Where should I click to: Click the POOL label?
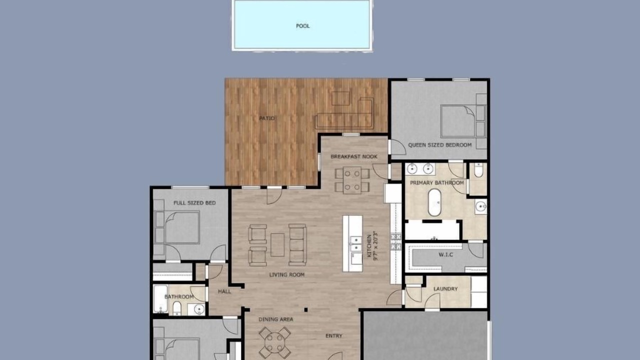(x=302, y=26)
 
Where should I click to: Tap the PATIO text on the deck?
(x=267, y=118)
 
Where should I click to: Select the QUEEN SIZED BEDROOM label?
(x=439, y=145)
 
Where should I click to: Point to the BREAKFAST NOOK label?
(x=353, y=156)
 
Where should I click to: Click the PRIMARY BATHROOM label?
(x=437, y=183)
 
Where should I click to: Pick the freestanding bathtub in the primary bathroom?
(x=434, y=202)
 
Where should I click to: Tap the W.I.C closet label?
(x=445, y=254)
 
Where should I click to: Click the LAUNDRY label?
(x=445, y=289)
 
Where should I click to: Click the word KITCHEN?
(x=369, y=246)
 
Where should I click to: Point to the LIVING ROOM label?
(x=287, y=275)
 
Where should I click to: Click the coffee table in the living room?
(x=277, y=245)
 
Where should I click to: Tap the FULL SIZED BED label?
(x=194, y=203)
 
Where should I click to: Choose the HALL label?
(x=224, y=291)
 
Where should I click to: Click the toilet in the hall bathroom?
(x=177, y=308)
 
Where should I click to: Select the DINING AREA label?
(x=275, y=319)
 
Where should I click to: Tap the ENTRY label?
(x=333, y=336)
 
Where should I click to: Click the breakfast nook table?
(x=352, y=180)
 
